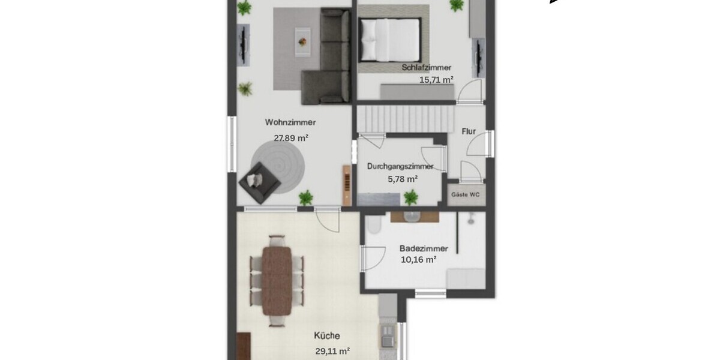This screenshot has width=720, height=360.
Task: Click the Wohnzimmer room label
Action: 290,122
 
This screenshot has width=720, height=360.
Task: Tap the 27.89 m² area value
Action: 291,137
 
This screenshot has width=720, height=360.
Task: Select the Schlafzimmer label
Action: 427,68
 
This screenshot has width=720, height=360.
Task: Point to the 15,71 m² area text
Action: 436,79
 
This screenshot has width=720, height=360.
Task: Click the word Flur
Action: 469,131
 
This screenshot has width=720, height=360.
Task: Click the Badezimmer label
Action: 418,248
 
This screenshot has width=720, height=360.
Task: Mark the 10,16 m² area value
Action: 418,260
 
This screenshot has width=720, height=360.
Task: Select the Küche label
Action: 327,337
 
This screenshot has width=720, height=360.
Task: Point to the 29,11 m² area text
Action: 332,352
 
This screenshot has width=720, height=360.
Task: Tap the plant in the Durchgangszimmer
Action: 411,196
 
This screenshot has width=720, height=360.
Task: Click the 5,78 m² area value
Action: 402,179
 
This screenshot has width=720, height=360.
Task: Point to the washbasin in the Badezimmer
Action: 413,217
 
